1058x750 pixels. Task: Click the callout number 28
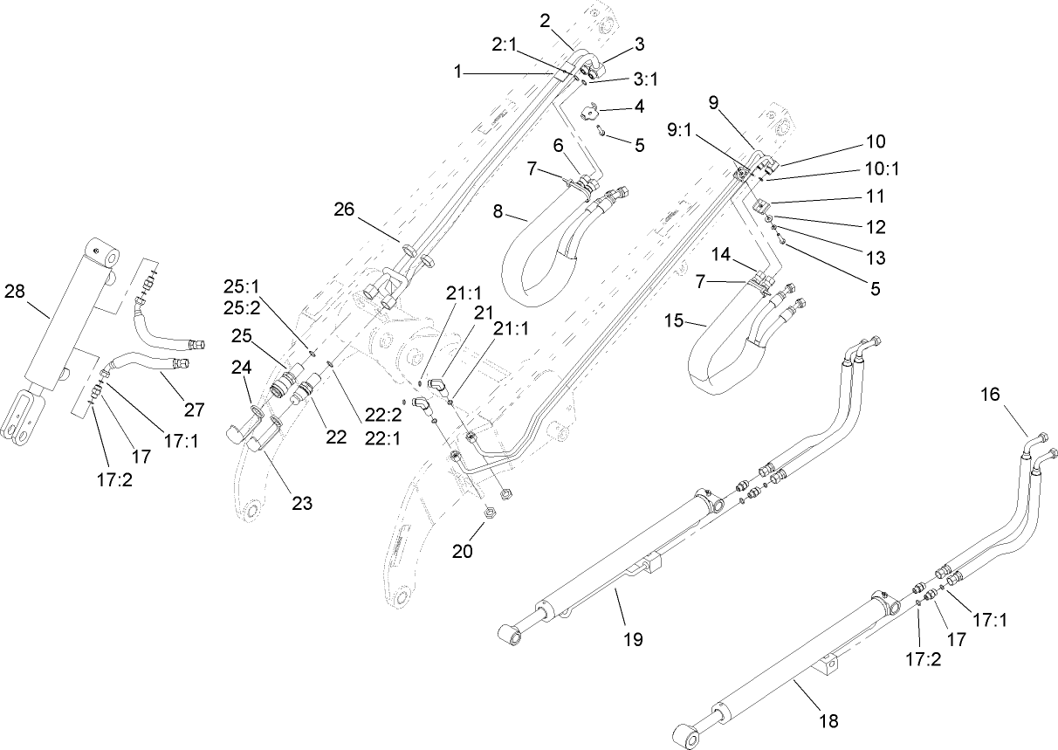[x=16, y=291]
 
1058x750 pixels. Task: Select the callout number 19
[x=633, y=639]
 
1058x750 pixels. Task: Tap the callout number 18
[x=828, y=720]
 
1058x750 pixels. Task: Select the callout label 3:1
[x=645, y=79]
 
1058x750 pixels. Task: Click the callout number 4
[x=640, y=107]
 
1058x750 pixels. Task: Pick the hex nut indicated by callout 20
[x=487, y=526]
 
